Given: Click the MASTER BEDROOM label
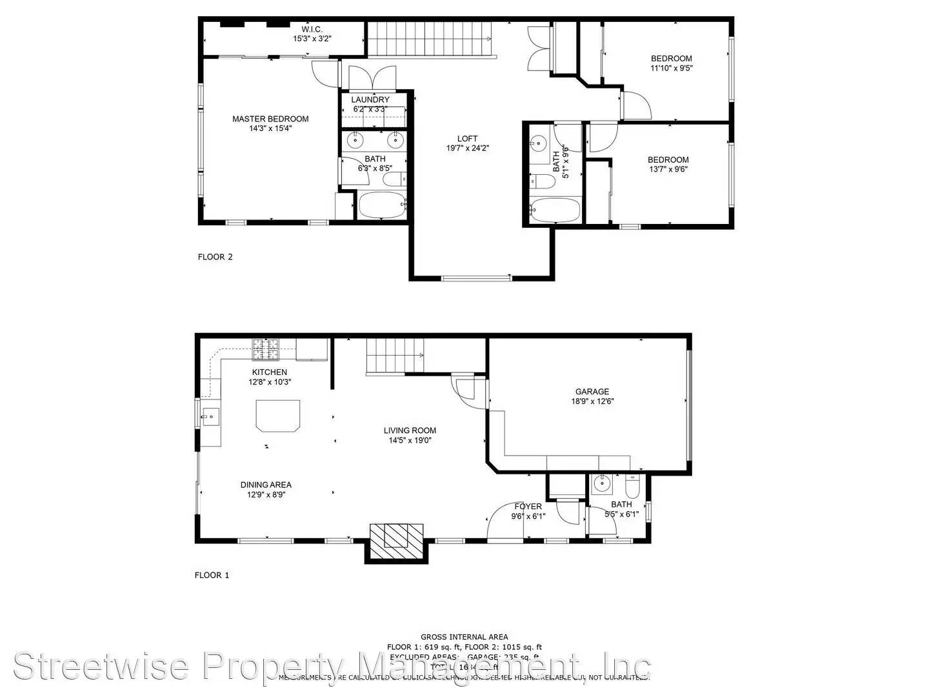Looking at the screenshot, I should click(270, 119).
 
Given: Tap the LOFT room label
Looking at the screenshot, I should click(467, 139).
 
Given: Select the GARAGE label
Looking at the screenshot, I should click(592, 392).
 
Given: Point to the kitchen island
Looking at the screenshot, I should click(278, 415).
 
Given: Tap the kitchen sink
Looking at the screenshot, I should click(210, 417).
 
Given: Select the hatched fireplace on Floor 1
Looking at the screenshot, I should click(397, 541).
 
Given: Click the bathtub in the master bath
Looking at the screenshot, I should click(382, 205).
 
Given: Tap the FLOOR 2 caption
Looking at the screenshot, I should click(215, 257).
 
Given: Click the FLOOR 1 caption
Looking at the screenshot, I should click(212, 575).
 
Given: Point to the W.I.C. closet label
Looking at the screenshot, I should click(312, 30).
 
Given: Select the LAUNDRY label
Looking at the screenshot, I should click(370, 99).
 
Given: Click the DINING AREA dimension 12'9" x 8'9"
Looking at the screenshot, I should click(266, 495).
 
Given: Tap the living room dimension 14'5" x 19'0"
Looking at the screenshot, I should click(410, 441).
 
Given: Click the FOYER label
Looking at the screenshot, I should click(528, 507).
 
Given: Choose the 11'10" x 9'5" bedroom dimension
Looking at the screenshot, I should click(671, 68).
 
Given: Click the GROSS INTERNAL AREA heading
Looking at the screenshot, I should click(464, 637).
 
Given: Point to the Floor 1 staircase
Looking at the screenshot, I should click(394, 356).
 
